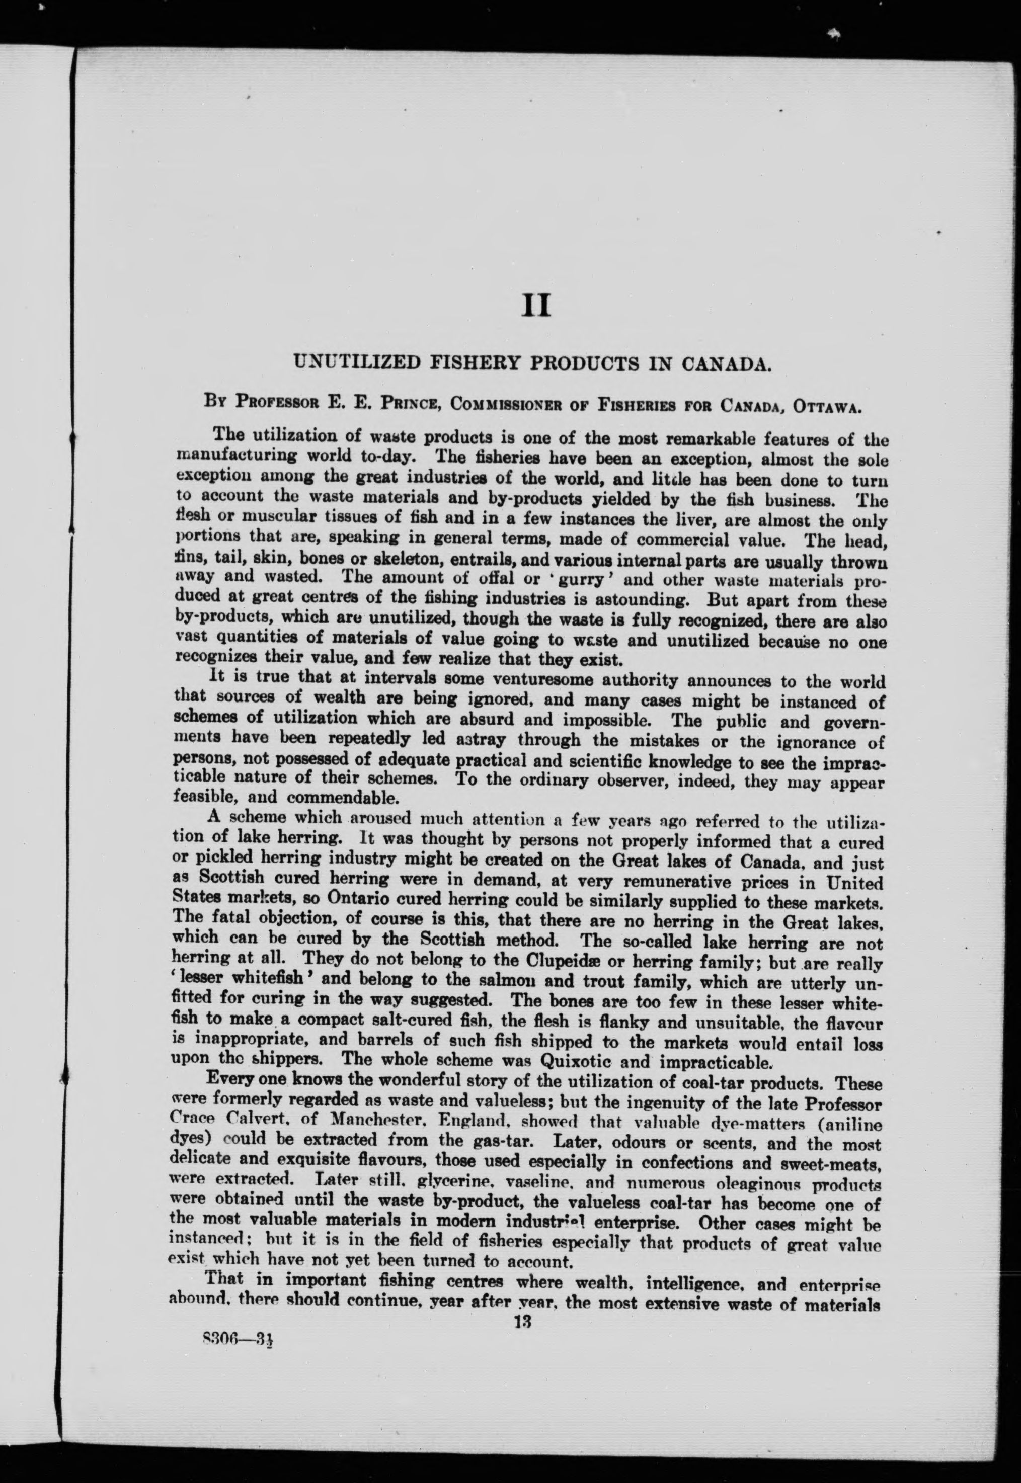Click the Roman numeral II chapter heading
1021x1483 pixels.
pos(536,306)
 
